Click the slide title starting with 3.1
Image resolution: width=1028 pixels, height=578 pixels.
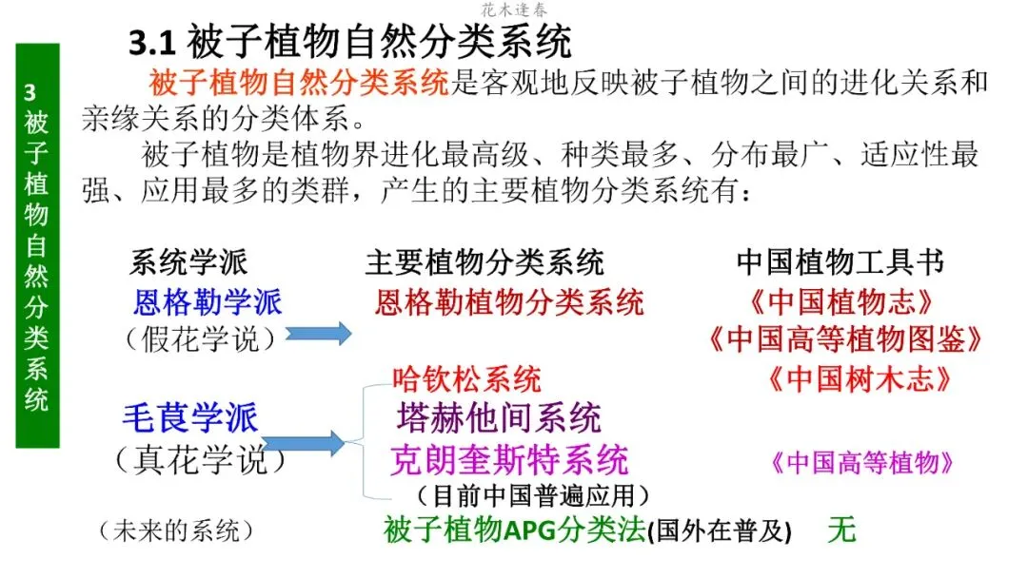[x=349, y=43]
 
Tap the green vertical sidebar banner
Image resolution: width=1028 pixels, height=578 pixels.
[x=37, y=244]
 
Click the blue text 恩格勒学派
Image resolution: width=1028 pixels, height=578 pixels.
[x=208, y=303]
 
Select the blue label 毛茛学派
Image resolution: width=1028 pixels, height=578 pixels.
[x=190, y=417]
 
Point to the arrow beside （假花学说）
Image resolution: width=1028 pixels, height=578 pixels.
[x=319, y=334]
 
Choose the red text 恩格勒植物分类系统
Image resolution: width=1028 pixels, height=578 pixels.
[x=509, y=303]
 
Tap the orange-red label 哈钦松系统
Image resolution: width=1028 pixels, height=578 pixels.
[x=466, y=379]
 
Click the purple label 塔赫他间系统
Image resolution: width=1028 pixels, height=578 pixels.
[x=499, y=417]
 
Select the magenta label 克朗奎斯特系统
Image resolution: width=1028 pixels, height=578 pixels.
[x=509, y=461]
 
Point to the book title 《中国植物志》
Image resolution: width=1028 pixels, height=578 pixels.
[x=840, y=303]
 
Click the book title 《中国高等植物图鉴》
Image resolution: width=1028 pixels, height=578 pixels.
[x=844, y=339]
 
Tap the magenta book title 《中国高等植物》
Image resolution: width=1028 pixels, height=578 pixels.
[x=860, y=463]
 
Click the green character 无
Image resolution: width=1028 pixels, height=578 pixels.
[x=841, y=530]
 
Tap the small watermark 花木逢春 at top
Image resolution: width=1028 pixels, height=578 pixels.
[x=514, y=10]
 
